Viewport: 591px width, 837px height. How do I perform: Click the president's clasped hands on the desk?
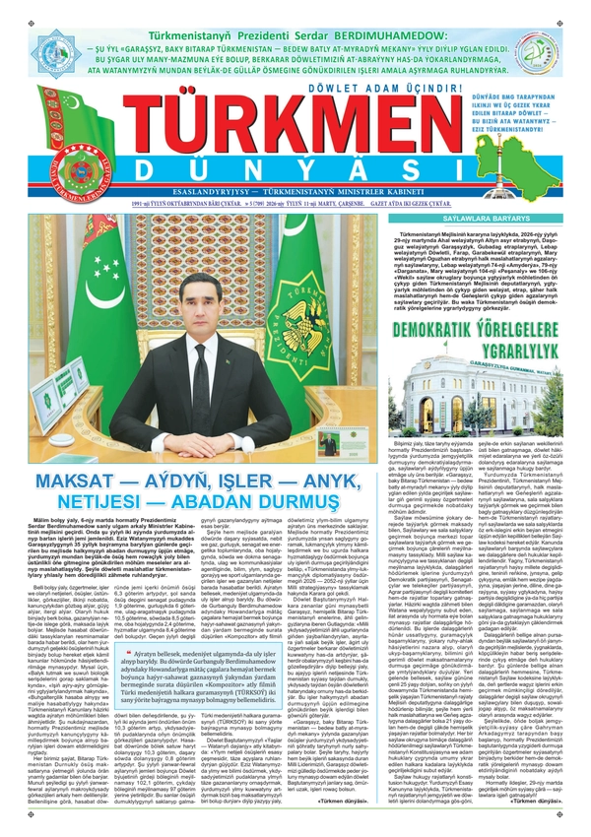203,440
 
